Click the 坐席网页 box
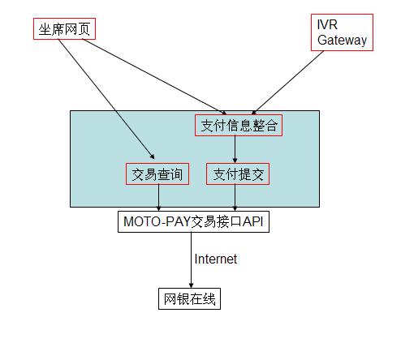coord(64,29)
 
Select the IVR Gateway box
coord(342,32)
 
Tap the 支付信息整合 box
coord(239,126)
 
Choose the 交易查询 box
coord(157,174)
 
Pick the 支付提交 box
coord(238,174)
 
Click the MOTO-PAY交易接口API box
coord(193,221)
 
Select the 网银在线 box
coord(189,299)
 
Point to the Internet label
coord(216,259)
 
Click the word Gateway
coord(342,41)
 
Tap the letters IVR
coord(327,25)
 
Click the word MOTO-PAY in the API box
coord(157,221)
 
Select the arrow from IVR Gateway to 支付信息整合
coord(287,83)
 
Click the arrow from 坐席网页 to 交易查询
coord(106,99)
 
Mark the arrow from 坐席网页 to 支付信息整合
coord(154,77)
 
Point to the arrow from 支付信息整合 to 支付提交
coord(235,149)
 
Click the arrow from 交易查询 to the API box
coord(158,198)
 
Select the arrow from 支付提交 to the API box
coord(235,198)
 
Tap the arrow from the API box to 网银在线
coord(191,260)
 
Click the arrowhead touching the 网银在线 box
coord(191,286)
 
